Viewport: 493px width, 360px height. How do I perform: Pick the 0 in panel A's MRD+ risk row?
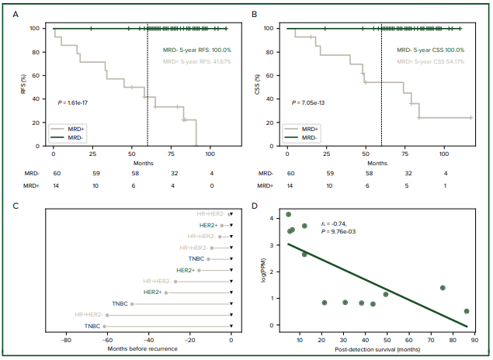(210, 186)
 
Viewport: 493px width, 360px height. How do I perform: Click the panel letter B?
(254, 13)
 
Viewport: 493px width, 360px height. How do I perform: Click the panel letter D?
(254, 205)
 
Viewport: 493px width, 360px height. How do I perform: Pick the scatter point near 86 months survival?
(467, 311)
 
